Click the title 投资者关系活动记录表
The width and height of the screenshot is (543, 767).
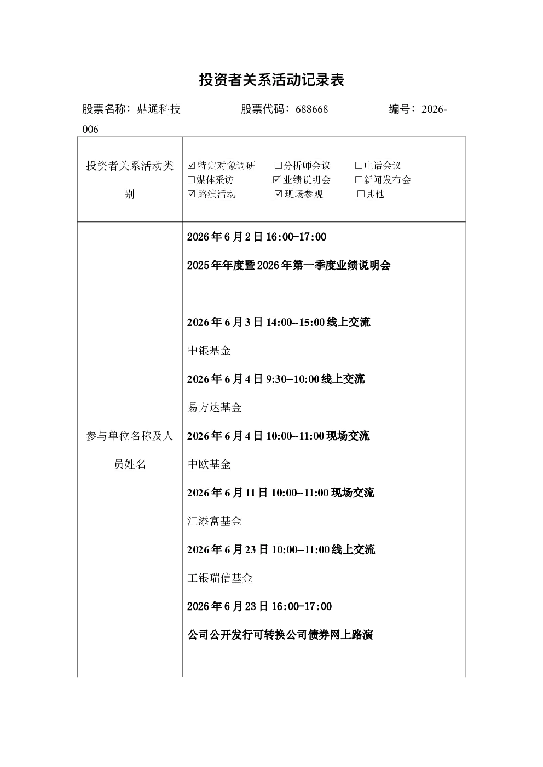[x=271, y=80]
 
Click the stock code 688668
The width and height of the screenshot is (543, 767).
[x=311, y=109]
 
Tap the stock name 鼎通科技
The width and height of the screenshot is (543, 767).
[x=159, y=109]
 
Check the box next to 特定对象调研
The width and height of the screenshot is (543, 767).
[x=191, y=166]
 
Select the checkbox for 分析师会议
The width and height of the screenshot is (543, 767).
[x=278, y=166]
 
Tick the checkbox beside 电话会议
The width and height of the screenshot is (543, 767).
[x=359, y=166]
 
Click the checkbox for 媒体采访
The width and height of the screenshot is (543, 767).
[x=191, y=180]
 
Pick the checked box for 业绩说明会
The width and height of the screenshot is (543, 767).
[x=276, y=180]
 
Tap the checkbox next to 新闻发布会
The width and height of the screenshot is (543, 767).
[x=359, y=180]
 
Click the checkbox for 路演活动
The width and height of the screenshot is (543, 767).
[x=191, y=194]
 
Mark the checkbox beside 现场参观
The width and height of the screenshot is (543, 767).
[x=279, y=194]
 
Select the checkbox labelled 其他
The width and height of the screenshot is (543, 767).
[x=361, y=194]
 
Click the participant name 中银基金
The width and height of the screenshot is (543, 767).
[x=209, y=350]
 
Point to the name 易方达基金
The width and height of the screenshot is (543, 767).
[x=215, y=407]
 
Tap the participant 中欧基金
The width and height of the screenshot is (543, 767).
[x=209, y=464]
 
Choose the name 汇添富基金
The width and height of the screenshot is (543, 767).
[x=215, y=521]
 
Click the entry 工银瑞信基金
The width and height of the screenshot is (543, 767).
[x=220, y=578]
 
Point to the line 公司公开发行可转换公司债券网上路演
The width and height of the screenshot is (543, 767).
[x=280, y=635]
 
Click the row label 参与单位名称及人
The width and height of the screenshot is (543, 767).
[x=130, y=436]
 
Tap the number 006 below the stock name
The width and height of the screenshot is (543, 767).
[x=90, y=130]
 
